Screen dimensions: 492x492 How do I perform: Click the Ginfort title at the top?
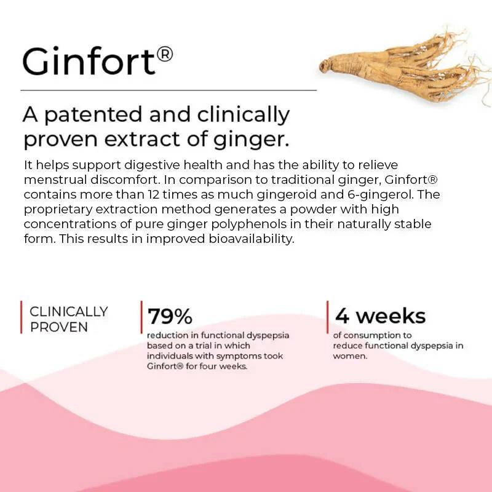[89, 61]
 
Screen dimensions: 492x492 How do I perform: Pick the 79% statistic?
[170, 316]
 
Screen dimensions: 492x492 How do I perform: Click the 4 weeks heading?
[380, 316]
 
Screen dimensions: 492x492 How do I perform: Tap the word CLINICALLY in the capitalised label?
[69, 312]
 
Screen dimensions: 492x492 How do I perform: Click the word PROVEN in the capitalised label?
[59, 327]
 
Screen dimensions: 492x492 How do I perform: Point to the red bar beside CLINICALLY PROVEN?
[22, 317]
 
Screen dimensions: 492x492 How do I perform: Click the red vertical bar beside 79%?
[142, 317]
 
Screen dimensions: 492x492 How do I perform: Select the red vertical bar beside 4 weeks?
[328, 317]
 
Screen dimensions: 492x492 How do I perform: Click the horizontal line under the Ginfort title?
[169, 90]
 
